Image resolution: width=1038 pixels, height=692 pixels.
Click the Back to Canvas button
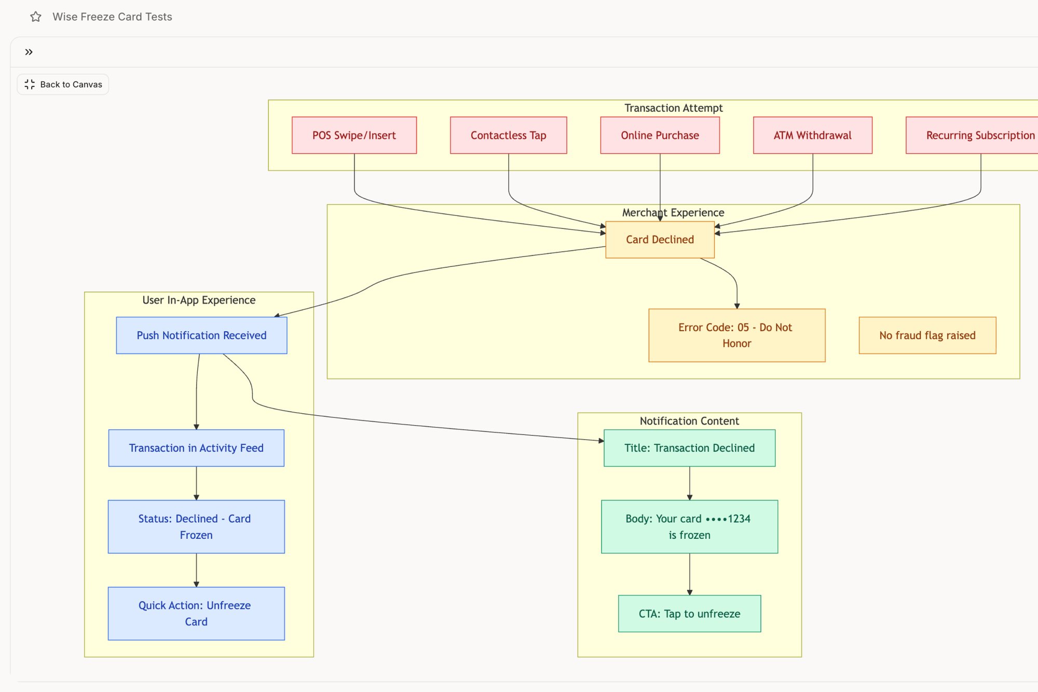coord(63,84)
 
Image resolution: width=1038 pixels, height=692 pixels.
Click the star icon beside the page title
coord(36,17)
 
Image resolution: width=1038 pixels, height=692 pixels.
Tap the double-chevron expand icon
coord(29,52)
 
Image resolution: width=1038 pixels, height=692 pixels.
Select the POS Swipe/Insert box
coord(354,135)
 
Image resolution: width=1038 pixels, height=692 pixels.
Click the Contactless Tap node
coord(508,135)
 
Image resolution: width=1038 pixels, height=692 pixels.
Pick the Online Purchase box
coord(660,135)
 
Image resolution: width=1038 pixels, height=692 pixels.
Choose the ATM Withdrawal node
coord(812,135)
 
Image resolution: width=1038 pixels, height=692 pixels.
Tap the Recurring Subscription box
coord(976,135)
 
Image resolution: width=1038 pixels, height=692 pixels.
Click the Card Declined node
coord(660,239)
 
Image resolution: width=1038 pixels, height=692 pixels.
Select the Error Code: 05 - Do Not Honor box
coord(736,335)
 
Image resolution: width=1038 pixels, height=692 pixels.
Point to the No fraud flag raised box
coord(927,335)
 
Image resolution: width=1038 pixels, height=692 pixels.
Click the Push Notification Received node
coord(201,335)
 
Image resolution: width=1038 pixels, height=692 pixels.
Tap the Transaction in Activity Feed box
coord(196,447)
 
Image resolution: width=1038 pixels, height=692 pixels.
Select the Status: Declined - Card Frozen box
coord(196,526)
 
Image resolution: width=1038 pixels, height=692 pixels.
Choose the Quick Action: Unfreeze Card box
coord(196,613)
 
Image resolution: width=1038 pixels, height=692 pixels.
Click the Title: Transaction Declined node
coord(689,447)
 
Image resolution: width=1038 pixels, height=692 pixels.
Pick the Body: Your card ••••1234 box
coord(689,526)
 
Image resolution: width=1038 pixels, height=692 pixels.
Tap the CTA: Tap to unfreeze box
coord(689,613)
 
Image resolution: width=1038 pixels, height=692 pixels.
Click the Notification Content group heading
coord(689,421)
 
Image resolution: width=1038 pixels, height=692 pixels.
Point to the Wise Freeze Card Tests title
coord(112,17)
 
